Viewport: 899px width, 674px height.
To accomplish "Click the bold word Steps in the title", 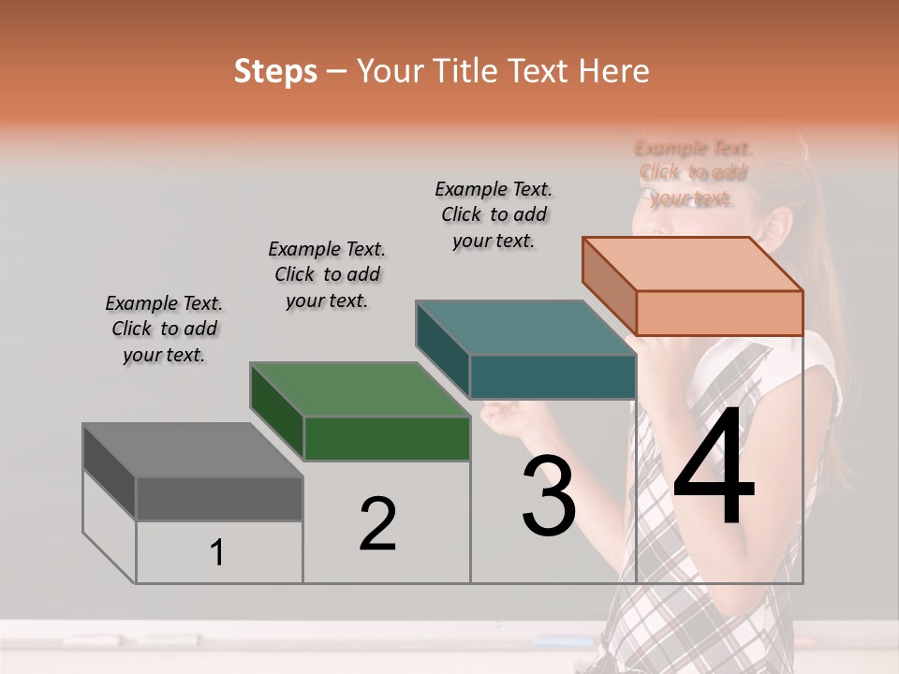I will (275, 71).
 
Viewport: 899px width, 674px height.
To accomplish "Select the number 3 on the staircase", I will (549, 497).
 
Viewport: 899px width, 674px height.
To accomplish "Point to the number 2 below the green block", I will (377, 524).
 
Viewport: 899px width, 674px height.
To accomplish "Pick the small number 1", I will (216, 553).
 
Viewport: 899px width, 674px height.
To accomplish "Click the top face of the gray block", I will (192, 449).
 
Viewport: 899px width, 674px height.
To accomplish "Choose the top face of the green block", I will (360, 389).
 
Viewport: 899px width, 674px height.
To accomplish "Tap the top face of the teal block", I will (525, 328).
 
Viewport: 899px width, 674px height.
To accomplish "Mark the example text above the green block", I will (327, 275).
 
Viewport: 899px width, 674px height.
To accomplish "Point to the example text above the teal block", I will (494, 214).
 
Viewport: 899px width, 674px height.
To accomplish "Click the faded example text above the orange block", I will (693, 173).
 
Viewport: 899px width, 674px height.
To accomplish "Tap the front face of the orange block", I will (719, 313).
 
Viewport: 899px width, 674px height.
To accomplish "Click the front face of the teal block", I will (553, 376).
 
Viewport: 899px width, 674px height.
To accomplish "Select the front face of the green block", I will (387, 438).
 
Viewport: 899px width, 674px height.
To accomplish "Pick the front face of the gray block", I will (219, 498).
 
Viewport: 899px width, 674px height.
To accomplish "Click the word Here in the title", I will (614, 71).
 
